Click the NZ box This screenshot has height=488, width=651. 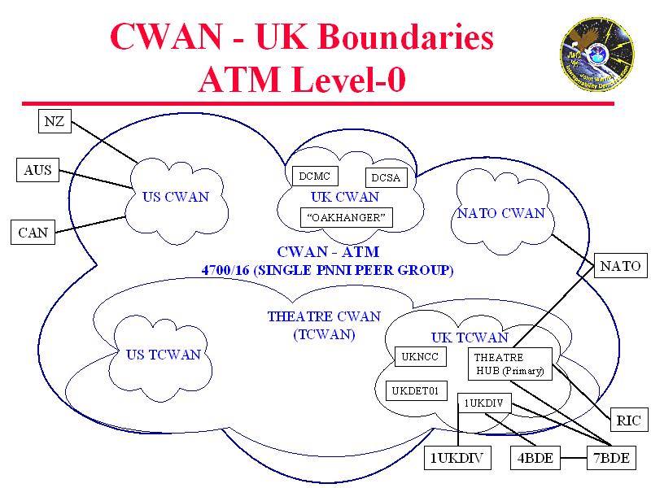pyautogui.click(x=55, y=122)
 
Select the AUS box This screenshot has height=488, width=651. pyautogui.click(x=37, y=170)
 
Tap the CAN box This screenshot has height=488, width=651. pyautogui.click(x=33, y=233)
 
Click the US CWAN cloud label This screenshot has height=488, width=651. pyautogui.click(x=176, y=197)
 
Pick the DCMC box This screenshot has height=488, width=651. pyautogui.click(x=313, y=176)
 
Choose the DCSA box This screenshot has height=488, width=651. pyautogui.click(x=386, y=178)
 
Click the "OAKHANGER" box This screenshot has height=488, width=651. pyautogui.click(x=347, y=217)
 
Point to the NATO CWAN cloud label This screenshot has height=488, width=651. pyautogui.click(x=500, y=214)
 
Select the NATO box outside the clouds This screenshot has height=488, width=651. pyautogui.click(x=620, y=266)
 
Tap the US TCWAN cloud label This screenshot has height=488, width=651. pyautogui.click(x=163, y=354)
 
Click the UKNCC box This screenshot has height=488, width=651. pyautogui.click(x=420, y=356)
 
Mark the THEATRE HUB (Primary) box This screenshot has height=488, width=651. pyautogui.click(x=510, y=364)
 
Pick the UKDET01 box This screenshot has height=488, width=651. pyautogui.click(x=415, y=391)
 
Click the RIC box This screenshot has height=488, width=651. pyautogui.click(x=628, y=420)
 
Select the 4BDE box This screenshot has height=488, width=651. pyautogui.click(x=535, y=458)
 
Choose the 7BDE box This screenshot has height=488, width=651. pyautogui.click(x=609, y=458)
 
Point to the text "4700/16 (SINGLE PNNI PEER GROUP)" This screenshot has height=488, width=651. pyautogui.click(x=328, y=269)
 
